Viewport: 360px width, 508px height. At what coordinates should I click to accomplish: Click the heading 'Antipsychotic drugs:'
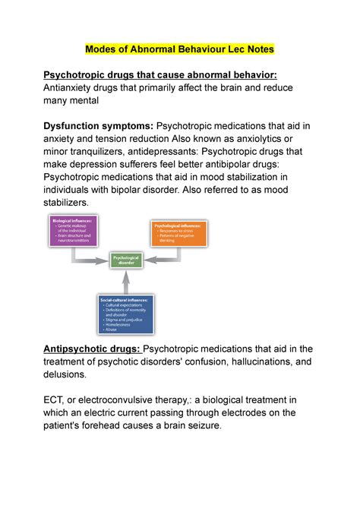click(x=92, y=349)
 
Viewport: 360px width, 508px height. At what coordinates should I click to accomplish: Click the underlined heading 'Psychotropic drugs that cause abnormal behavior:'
click(x=160, y=74)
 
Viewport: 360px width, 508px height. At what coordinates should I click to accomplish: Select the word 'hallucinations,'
click(x=250, y=361)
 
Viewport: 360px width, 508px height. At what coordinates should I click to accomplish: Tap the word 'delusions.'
click(x=65, y=375)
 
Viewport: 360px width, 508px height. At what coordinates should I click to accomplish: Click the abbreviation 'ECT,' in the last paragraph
click(x=57, y=400)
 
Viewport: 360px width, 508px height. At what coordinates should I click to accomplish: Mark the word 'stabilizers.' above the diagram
click(x=66, y=204)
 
